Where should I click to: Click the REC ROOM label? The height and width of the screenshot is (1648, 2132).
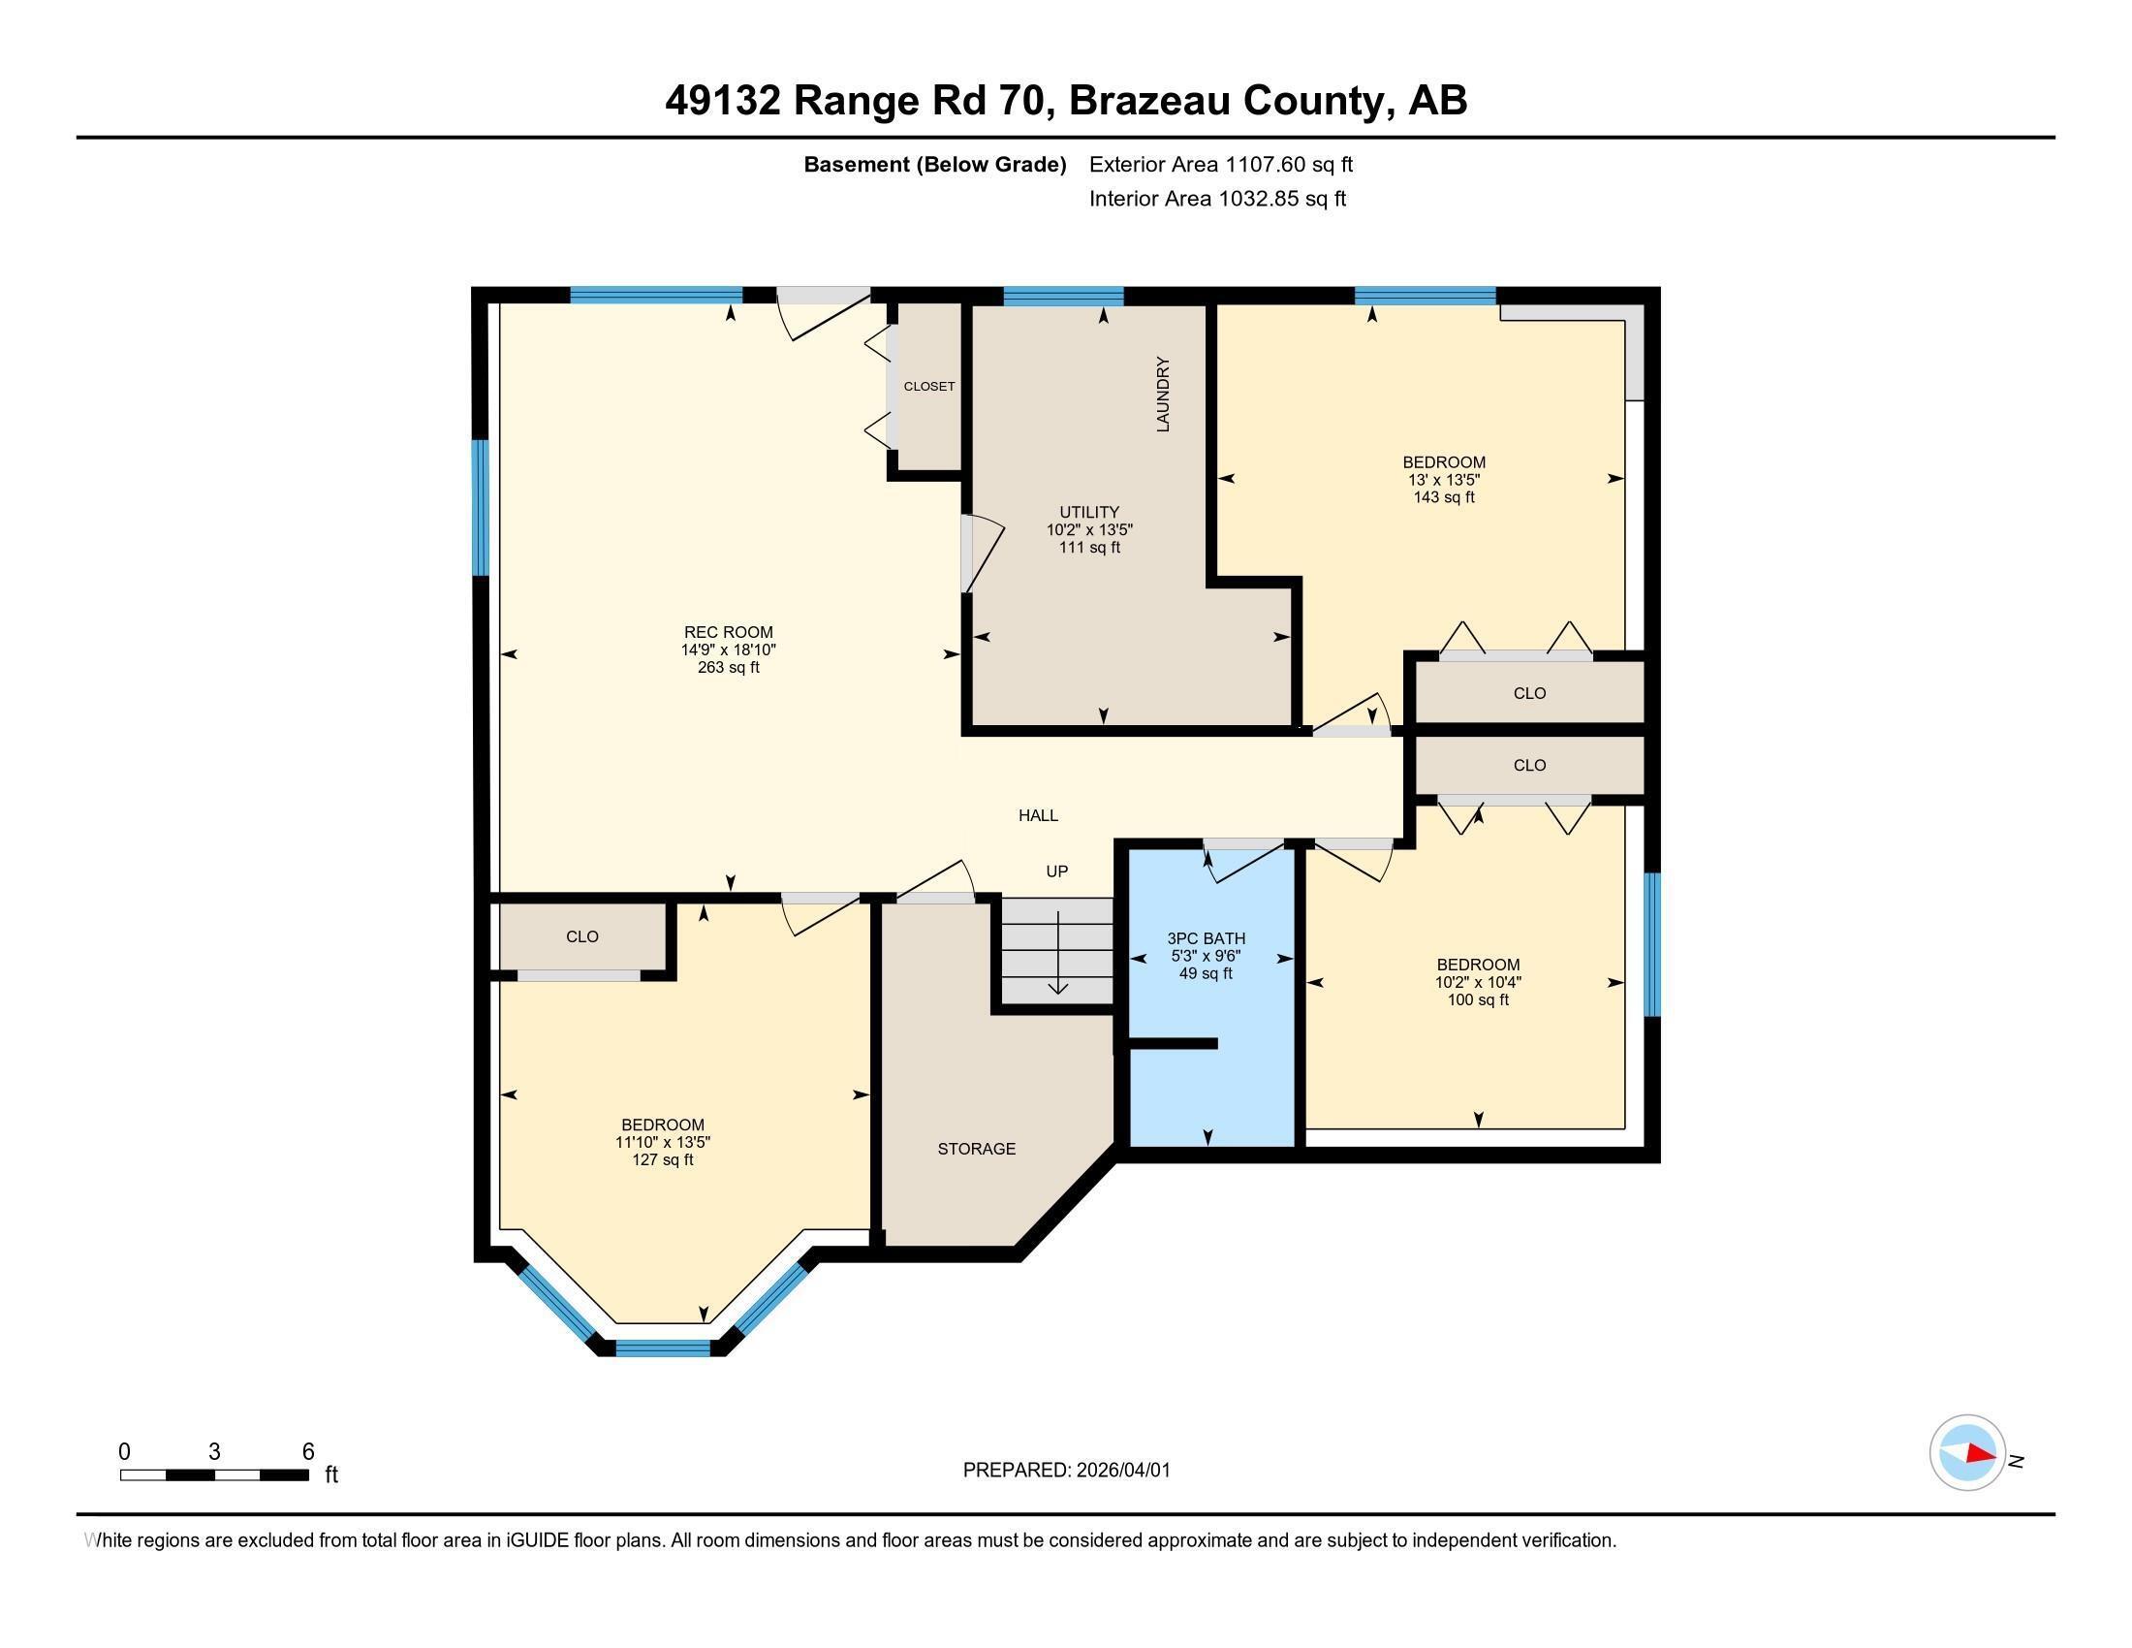click(728, 632)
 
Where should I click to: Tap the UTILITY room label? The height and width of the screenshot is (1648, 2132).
click(1089, 512)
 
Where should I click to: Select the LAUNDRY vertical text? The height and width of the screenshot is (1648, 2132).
click(1163, 395)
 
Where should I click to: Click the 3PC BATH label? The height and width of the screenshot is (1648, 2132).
click(1206, 938)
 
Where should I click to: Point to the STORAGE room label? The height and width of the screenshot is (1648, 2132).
click(976, 1149)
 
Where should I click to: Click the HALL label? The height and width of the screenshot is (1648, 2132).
click(1038, 815)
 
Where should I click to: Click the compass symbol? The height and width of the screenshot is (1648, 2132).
click(1967, 1453)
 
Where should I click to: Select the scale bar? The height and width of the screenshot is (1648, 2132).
click(215, 1474)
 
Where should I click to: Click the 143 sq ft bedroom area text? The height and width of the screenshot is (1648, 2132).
click(1444, 497)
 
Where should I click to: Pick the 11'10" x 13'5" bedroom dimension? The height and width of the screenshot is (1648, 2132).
click(663, 1142)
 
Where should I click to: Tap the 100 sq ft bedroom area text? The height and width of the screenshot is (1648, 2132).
click(1478, 999)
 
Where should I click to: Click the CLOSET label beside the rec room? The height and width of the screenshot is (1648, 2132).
click(929, 387)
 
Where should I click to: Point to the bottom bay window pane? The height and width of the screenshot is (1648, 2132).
click(663, 1348)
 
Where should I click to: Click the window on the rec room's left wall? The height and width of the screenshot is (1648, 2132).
click(480, 508)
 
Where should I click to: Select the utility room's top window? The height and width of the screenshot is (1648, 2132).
click(1063, 296)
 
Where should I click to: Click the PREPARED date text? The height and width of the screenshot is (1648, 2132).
click(1066, 1471)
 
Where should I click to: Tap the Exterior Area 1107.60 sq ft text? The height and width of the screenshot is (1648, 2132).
click(1220, 164)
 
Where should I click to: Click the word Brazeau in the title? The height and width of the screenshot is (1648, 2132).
click(1148, 101)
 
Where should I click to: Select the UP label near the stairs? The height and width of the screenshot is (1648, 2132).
click(1056, 871)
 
